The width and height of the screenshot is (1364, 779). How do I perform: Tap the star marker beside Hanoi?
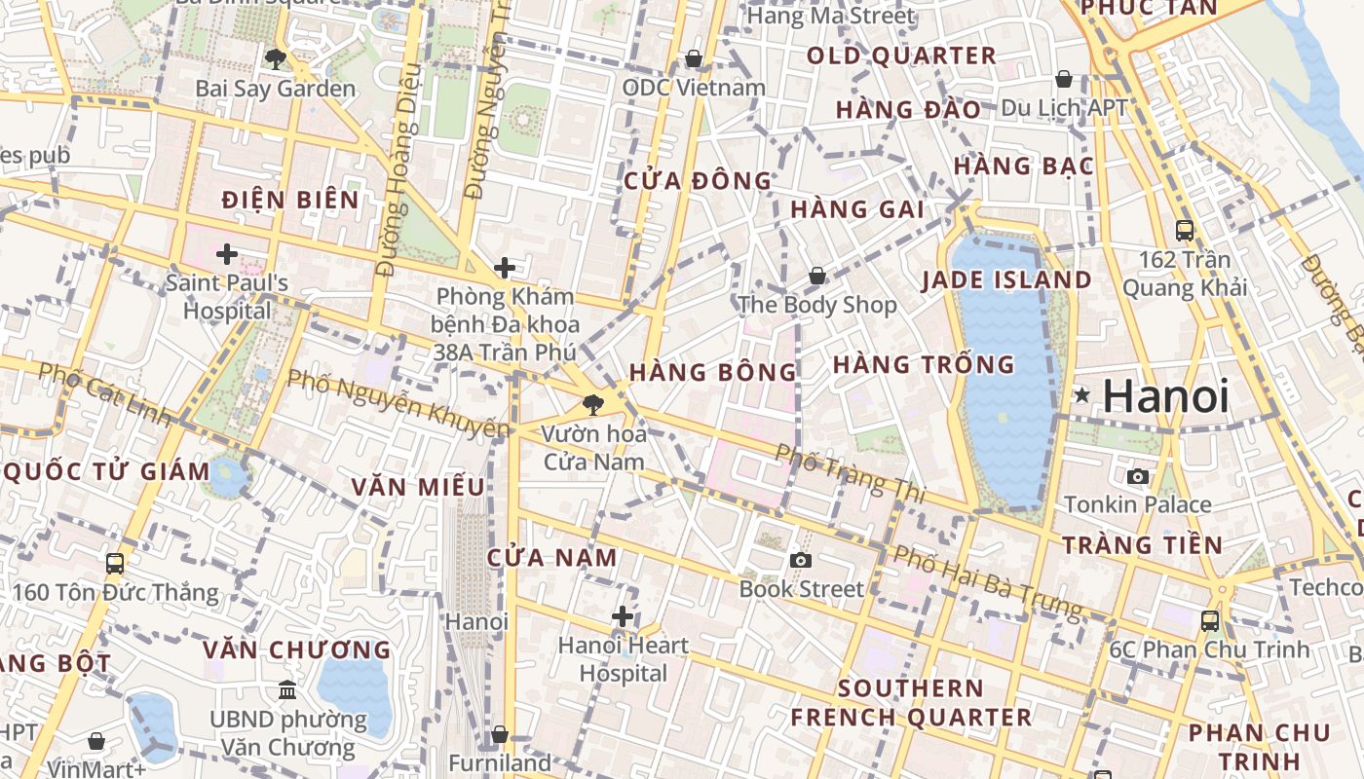tap(1082, 395)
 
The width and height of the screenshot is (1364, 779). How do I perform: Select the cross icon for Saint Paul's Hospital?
tap(227, 255)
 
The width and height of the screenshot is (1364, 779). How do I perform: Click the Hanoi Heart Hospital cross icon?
tap(623, 616)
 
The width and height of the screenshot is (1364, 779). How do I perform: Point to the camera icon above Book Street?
tap(801, 560)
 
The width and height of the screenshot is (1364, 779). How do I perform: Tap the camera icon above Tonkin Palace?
tap(1137, 476)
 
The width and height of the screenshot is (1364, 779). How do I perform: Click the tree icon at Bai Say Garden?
tap(276, 59)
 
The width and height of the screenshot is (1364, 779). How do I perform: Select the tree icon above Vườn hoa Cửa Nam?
tap(591, 405)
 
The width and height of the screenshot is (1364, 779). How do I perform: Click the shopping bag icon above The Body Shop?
tap(817, 277)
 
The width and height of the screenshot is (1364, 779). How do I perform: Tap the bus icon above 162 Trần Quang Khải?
tap(1185, 231)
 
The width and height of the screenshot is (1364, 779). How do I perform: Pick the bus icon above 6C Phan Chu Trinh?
tap(1209, 620)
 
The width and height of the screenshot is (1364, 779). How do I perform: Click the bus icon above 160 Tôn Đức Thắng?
tap(114, 564)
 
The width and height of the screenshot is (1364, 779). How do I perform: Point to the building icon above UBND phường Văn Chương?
tap(287, 690)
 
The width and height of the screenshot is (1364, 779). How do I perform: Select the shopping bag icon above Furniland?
tap(500, 734)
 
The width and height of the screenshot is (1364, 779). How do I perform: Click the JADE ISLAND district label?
tap(1006, 280)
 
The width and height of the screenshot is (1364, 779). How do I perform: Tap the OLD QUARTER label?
tap(901, 56)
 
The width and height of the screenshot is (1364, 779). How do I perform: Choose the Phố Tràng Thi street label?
tap(850, 473)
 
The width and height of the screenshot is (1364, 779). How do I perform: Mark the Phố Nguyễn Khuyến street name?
tap(398, 403)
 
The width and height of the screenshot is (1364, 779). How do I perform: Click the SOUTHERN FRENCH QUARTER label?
tap(910, 703)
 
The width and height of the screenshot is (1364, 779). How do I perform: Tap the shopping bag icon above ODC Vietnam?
tap(694, 59)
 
